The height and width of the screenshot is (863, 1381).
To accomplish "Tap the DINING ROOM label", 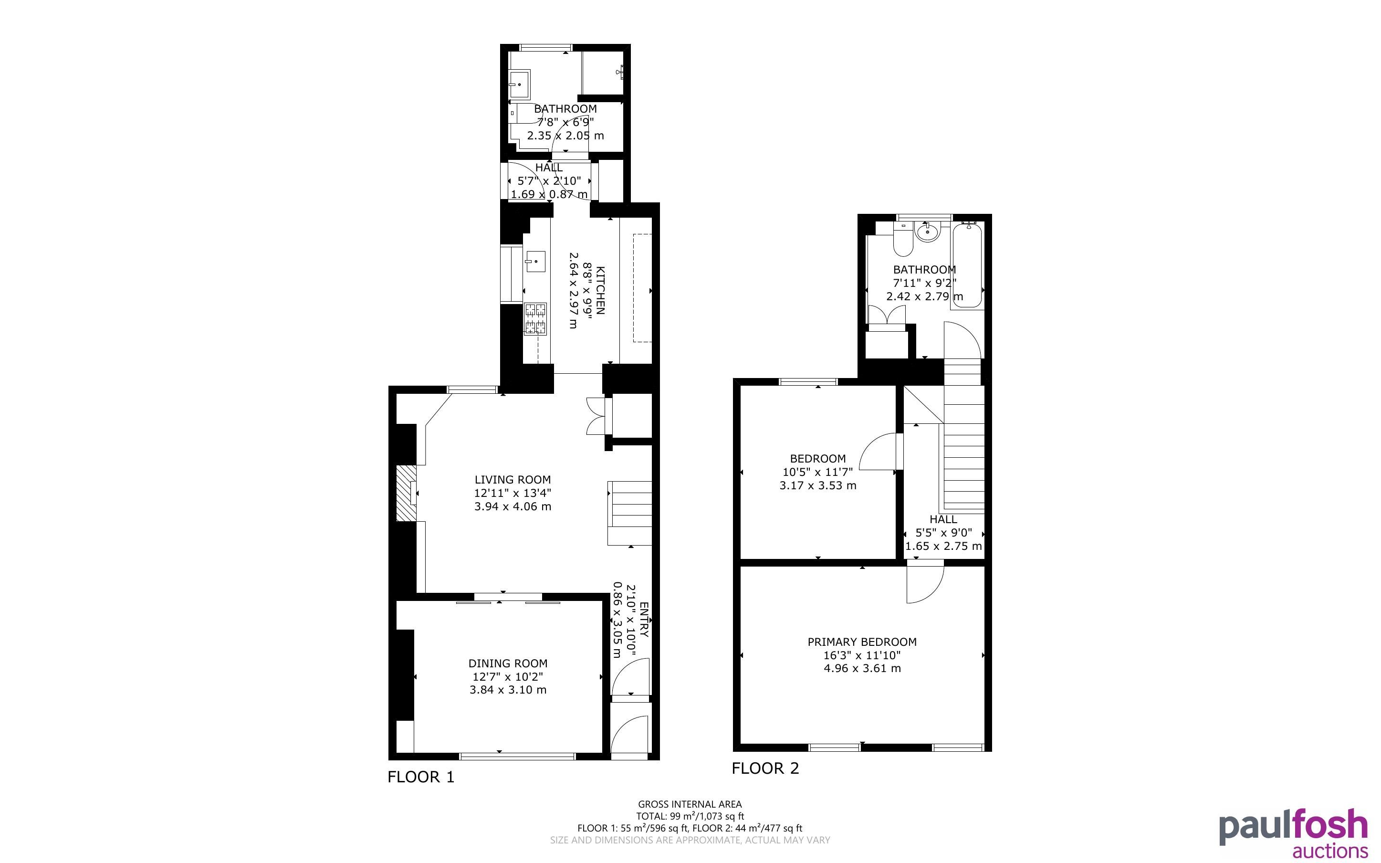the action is (508, 663).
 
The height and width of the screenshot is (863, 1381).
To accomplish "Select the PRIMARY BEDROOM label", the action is (862, 642).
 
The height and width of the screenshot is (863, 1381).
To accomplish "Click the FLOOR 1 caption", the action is (421, 777).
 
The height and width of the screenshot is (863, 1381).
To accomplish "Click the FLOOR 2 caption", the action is (765, 768).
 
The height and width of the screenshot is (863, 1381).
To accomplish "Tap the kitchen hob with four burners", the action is (535, 319).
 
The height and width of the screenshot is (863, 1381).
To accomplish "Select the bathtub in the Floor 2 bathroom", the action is (967, 265).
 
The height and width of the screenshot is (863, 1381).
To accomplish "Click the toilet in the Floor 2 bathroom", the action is (903, 240).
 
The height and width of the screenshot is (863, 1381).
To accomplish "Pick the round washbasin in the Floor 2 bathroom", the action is (928, 232).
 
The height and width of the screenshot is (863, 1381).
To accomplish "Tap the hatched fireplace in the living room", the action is (407, 493).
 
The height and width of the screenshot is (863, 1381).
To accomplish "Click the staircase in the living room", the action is (630, 513).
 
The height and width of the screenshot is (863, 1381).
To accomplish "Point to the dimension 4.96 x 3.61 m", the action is (862, 668).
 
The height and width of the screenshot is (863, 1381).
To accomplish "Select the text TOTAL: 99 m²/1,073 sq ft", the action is (690, 816).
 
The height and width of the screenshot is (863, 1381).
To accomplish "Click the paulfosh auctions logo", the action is (1293, 833).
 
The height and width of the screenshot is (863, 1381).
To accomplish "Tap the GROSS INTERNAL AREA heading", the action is (690, 804).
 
